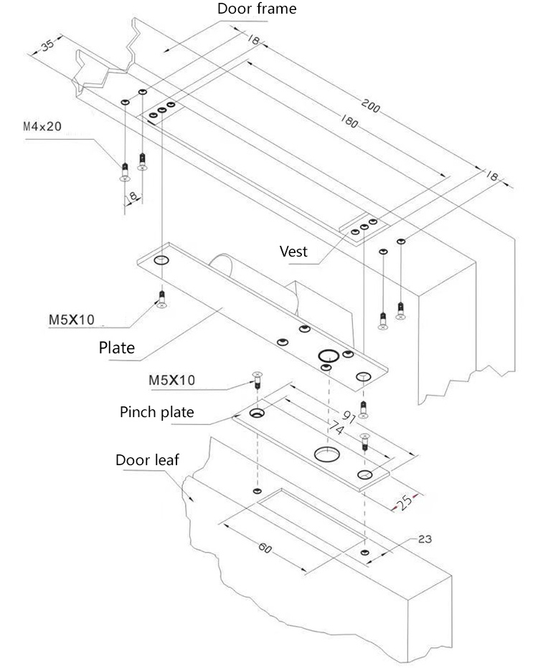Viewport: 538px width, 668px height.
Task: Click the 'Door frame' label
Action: pos(256,9)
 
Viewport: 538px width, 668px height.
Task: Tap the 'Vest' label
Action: pos(293,251)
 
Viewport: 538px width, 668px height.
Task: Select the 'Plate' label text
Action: pos(116,348)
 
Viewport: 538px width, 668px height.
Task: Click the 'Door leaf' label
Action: pos(147,459)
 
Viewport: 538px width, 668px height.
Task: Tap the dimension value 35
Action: pos(47,45)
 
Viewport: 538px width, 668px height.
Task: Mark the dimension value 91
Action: pos(351,417)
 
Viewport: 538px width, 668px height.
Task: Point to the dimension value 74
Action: pos(335,429)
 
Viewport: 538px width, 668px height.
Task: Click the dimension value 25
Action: pos(406,502)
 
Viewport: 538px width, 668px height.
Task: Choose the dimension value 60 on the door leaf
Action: pos(265,548)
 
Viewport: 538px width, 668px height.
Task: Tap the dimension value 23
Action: pos(425,538)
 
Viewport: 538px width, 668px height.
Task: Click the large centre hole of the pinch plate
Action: pos(326,454)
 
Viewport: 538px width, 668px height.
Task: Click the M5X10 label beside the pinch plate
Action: pos(171,380)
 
